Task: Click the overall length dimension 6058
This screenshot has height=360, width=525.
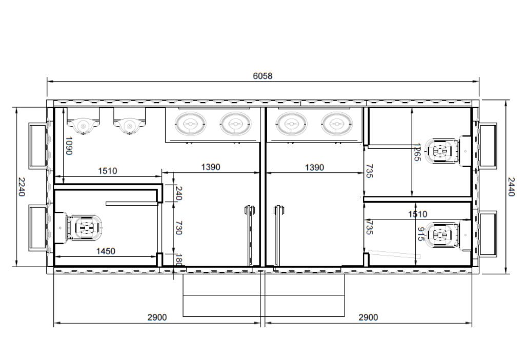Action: coord(262,76)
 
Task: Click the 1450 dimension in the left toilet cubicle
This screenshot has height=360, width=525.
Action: coord(106,251)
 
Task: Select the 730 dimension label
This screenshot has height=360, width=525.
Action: coord(178,228)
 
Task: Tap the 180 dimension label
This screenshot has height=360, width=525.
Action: coord(178,259)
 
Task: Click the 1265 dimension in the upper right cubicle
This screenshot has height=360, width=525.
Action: coord(417,152)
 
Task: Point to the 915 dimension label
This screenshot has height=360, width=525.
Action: coord(420,234)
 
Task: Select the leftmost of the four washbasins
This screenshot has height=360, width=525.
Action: coord(190,123)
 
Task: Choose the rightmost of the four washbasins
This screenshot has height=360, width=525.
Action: coord(335,123)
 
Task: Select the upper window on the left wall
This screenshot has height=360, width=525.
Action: coord(37,145)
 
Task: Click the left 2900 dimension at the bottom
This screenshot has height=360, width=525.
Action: coord(157,317)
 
